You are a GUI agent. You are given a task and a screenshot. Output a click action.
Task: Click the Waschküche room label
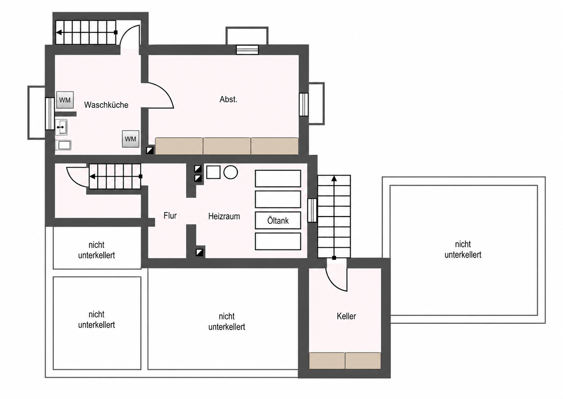coord(106,105)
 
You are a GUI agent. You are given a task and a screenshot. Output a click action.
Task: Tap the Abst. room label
coord(228,99)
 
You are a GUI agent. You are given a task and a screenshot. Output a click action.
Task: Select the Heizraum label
coord(224,216)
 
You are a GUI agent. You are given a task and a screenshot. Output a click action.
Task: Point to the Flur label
coord(170,216)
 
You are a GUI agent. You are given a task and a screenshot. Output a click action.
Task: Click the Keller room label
coord(346,316)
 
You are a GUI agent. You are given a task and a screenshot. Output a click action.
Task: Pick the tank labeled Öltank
coord(278,220)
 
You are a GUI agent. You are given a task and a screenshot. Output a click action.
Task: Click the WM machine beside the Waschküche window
coord(65,100)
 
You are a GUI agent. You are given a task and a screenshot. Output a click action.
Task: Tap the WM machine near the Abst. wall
coord(130,139)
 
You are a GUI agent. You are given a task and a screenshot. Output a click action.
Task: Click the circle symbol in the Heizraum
coord(230,172)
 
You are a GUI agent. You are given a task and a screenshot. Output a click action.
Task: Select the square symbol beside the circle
coord(213,172)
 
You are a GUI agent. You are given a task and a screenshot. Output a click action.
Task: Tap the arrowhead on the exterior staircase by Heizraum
coord(334,179)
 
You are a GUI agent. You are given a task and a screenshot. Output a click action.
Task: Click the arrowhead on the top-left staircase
coord(59,33)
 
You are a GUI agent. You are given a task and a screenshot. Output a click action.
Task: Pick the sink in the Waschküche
coord(61,127)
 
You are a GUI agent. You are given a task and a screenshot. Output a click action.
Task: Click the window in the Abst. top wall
coord(247,50)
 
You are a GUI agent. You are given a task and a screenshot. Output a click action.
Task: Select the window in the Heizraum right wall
coord(312,210)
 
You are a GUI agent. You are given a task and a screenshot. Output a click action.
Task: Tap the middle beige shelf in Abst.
coord(227,146)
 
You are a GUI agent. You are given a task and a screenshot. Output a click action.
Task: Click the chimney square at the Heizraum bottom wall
coord(199,252)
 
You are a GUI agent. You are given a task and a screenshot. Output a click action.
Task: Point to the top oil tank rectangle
coord(278,179)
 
